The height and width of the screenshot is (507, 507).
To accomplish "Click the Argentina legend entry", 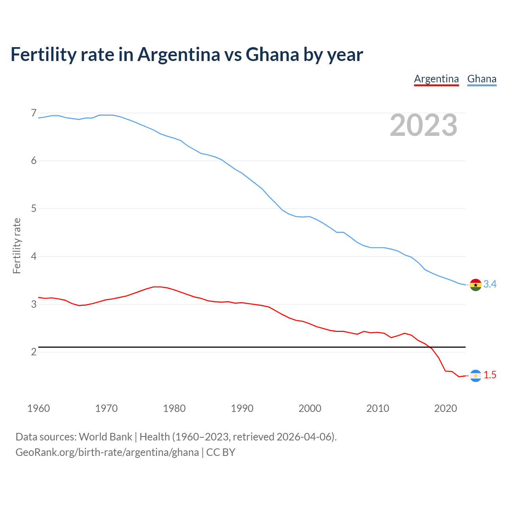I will pos(436,79).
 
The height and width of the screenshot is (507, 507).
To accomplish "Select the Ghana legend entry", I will pos(482,79).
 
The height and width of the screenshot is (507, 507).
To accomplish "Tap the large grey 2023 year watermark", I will pos(423,125).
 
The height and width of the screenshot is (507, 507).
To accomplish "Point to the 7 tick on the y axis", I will pos(34,113).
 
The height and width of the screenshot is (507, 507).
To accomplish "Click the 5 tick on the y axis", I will pos(34,208).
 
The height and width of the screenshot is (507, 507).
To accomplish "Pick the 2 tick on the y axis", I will pos(34,352).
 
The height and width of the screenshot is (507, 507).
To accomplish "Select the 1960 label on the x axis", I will pos(38,408).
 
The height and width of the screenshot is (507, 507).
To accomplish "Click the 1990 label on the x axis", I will pos(242,408).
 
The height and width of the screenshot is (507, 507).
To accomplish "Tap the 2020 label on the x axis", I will pos(446,408).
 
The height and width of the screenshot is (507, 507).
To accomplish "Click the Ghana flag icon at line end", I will pos(475,284).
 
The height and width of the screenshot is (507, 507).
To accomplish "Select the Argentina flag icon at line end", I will pos(475,375).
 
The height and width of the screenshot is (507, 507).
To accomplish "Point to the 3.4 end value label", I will pos(490,284).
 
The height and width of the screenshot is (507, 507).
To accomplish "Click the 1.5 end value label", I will pos(490,375).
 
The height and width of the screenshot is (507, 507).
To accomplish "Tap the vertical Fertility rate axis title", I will pos(17,246).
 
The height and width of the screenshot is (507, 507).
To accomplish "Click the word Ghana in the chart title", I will pos(272,54).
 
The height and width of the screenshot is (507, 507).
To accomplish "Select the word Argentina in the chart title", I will pos(179,54).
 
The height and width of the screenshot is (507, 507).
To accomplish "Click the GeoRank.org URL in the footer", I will pos(107,452).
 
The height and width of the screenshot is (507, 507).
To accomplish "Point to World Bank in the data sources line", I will pos(105,437).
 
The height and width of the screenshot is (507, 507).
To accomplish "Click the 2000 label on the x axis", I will pos(310,408).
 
